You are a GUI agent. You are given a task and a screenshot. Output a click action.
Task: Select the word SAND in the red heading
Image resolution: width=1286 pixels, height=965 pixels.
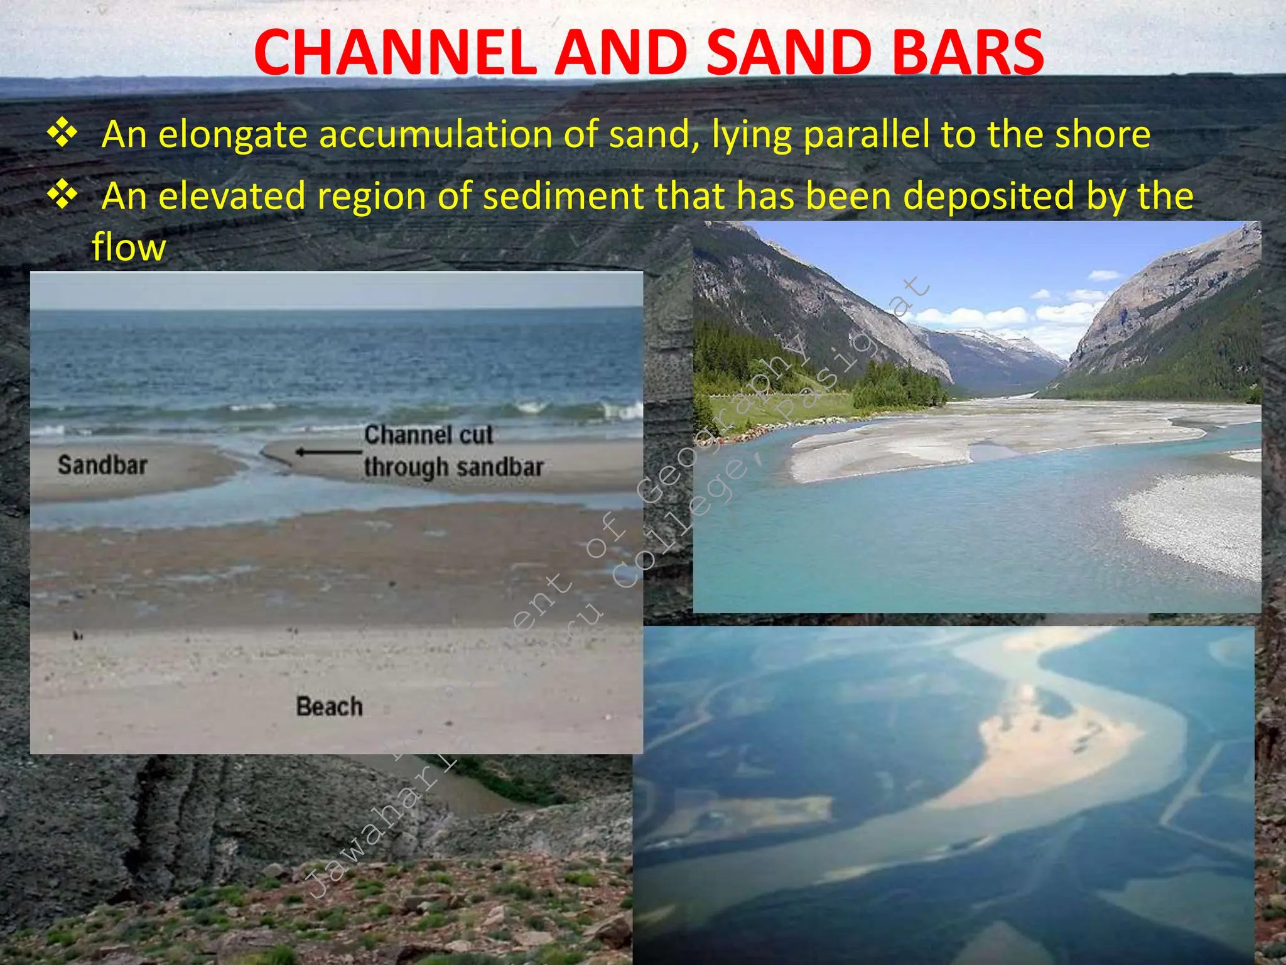pos(788,53)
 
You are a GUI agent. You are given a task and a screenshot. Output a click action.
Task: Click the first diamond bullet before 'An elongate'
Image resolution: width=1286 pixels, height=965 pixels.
pos(62,134)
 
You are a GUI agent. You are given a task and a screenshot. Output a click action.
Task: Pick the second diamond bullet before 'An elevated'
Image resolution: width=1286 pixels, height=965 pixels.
pos(62,195)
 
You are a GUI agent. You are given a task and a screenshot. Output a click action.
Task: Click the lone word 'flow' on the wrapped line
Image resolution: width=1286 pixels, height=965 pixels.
pos(129,247)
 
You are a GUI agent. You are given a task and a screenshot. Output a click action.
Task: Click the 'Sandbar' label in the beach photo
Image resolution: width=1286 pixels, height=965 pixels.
pos(102,466)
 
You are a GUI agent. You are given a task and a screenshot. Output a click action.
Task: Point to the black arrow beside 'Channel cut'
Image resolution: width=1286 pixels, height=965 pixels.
pos(328,452)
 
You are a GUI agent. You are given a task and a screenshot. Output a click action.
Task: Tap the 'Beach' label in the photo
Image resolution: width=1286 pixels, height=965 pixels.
pos(330,707)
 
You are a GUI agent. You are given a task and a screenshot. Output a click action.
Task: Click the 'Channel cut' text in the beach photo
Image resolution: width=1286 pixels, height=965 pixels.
pos(429,435)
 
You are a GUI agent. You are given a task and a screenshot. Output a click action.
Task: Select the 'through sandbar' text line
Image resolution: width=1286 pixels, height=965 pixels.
pos(453,467)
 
